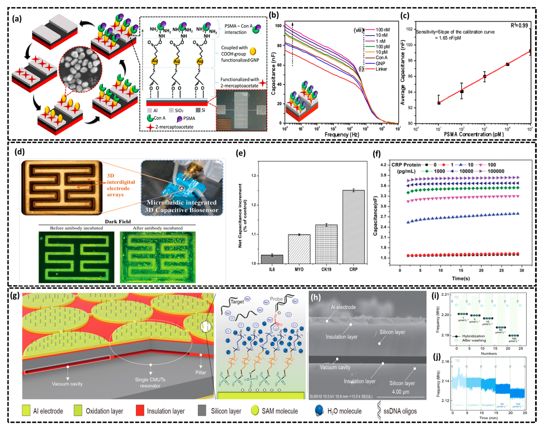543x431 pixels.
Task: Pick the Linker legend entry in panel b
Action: (x=381, y=69)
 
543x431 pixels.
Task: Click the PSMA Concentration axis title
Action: (x=474, y=134)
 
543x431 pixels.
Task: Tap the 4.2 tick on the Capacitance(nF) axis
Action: (x=383, y=165)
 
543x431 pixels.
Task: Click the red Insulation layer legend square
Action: (x=140, y=411)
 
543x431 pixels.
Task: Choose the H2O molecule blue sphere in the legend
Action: (x=319, y=410)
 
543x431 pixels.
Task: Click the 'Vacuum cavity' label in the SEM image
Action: (x=335, y=367)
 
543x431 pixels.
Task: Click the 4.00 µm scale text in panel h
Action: (x=401, y=392)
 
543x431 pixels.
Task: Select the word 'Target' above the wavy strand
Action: (x=237, y=302)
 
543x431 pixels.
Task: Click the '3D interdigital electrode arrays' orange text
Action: (x=120, y=185)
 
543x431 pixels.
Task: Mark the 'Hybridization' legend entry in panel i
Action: (x=473, y=336)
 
